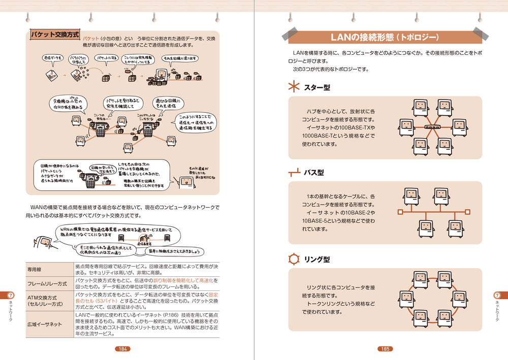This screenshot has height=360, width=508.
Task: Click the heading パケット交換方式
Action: (55, 35)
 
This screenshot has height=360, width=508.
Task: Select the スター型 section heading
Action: (316, 88)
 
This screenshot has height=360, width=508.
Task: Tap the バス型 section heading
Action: (313, 173)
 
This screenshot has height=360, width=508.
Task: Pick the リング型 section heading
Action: (316, 259)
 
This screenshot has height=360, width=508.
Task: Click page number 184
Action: (122, 349)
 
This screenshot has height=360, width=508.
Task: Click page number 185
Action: (386, 349)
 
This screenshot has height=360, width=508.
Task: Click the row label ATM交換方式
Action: (42, 297)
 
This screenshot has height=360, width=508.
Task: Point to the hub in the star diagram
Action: (433, 127)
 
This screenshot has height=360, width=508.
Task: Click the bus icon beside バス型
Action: (294, 173)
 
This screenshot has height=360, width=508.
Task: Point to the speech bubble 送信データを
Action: (52, 58)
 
